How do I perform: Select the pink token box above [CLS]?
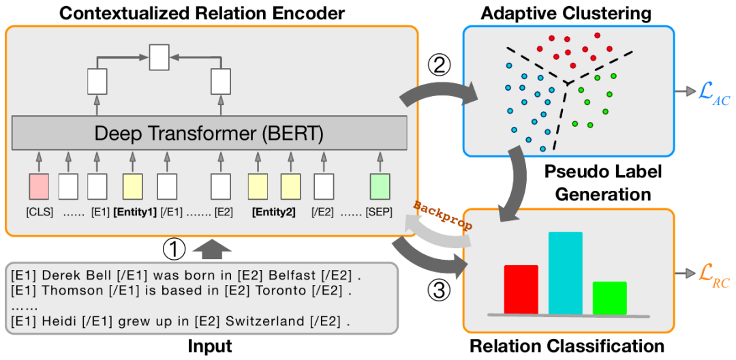39,185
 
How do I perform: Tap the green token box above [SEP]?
380,185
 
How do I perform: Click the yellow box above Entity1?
133,185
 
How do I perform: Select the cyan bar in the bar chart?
565,272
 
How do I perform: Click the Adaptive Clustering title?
566,13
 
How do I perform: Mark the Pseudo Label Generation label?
604,182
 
